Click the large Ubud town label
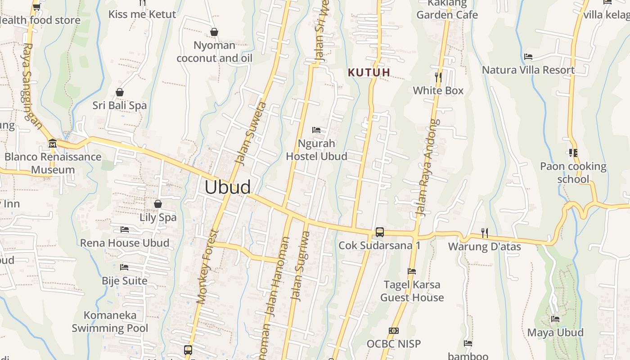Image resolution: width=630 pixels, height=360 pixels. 228,187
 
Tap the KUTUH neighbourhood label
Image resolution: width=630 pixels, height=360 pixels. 369,72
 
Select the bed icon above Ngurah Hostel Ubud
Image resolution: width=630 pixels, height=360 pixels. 316,130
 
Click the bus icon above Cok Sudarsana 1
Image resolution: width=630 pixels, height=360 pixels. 380,232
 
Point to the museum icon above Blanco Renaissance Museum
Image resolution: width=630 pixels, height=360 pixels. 53,143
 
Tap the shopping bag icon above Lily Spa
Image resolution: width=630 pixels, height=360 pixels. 158,204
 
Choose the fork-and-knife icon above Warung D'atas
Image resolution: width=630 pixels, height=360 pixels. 484,233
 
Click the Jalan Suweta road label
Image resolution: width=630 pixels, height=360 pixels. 251,134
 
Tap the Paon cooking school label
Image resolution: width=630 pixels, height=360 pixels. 573,173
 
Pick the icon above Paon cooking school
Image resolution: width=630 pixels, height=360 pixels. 573,153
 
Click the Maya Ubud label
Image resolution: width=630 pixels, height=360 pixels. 555,333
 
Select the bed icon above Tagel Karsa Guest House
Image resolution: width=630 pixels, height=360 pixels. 411,271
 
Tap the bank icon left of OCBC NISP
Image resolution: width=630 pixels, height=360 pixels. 394,331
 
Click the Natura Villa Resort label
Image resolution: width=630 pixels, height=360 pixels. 528,70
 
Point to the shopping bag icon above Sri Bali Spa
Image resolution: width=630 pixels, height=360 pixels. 120,92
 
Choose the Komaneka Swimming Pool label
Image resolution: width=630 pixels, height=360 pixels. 110,321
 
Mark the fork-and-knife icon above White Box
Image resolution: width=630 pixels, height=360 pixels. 438,77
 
